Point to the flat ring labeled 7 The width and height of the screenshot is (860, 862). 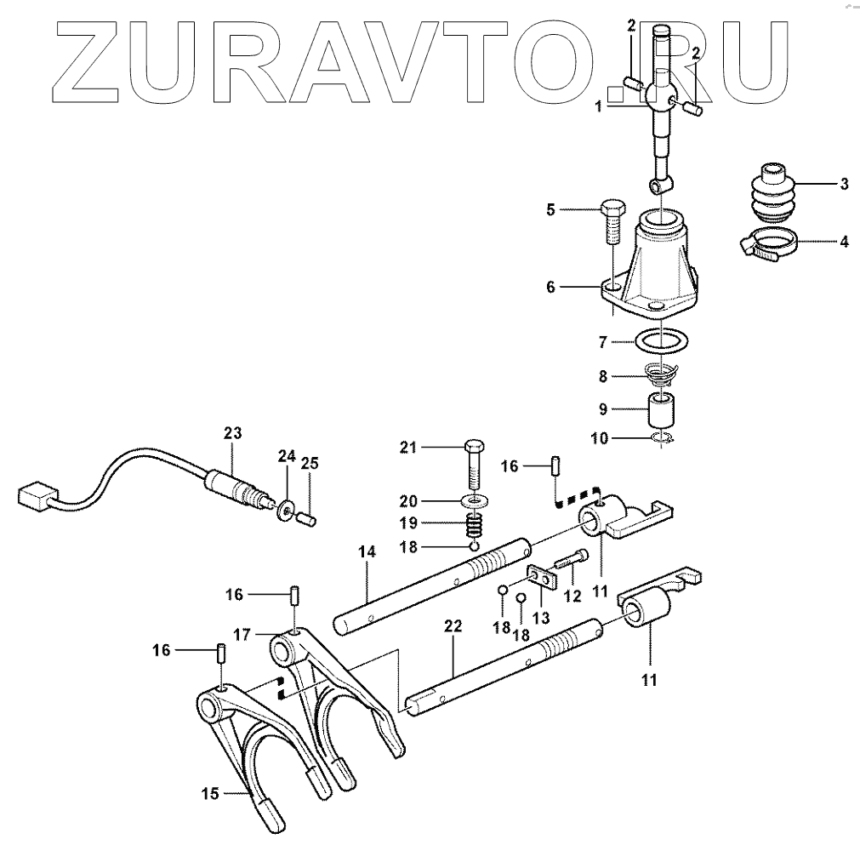click(x=659, y=342)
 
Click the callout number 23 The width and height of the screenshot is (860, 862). click(x=233, y=433)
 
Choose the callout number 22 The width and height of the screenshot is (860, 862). click(x=453, y=626)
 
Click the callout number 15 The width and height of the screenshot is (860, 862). click(x=210, y=794)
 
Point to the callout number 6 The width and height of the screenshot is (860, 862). click(x=550, y=288)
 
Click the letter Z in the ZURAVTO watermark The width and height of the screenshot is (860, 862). click(x=94, y=55)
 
